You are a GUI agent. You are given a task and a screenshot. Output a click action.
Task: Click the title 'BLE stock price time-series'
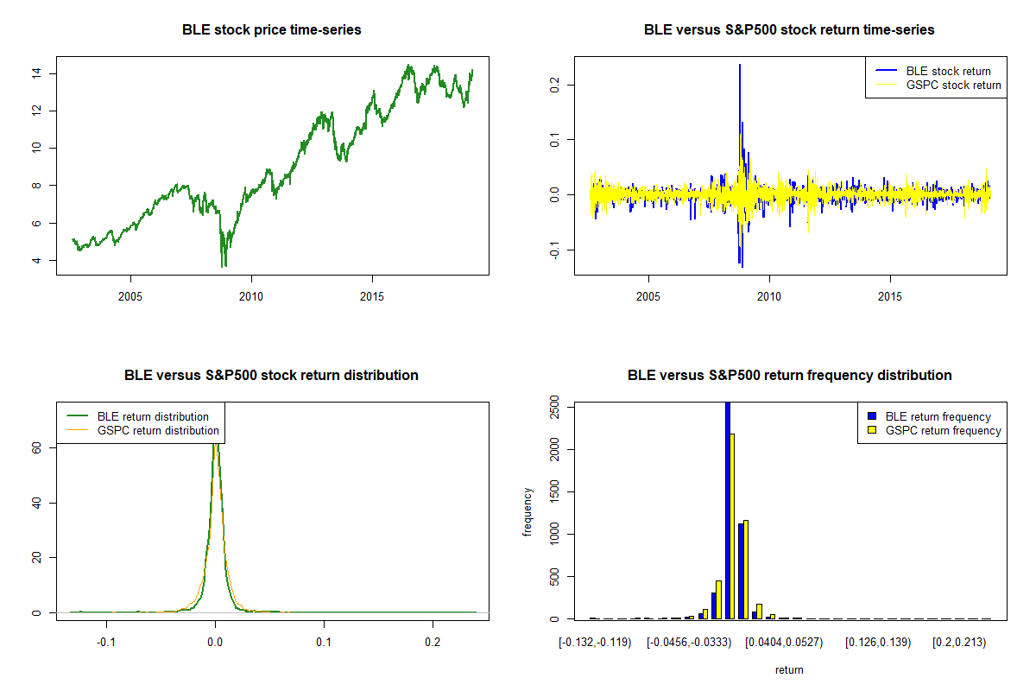coord(271,30)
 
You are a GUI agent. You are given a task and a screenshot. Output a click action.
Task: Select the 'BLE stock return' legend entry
coord(948,71)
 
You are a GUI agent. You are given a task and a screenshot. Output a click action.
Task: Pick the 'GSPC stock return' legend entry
coord(953,85)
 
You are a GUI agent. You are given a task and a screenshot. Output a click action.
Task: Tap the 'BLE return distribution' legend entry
coord(153,416)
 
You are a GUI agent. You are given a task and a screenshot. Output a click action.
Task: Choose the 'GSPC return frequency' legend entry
coord(944,430)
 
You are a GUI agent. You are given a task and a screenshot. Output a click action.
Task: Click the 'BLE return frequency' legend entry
coord(938,416)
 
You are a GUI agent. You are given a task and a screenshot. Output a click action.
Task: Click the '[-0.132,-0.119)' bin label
coord(596,643)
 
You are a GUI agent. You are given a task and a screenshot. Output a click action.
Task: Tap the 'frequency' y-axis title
coord(527,512)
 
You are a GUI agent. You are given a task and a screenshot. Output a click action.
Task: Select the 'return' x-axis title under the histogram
coord(789,669)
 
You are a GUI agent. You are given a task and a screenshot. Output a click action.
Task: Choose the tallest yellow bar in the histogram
coord(733,526)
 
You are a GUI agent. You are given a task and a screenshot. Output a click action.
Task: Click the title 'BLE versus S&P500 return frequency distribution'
coord(789,376)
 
